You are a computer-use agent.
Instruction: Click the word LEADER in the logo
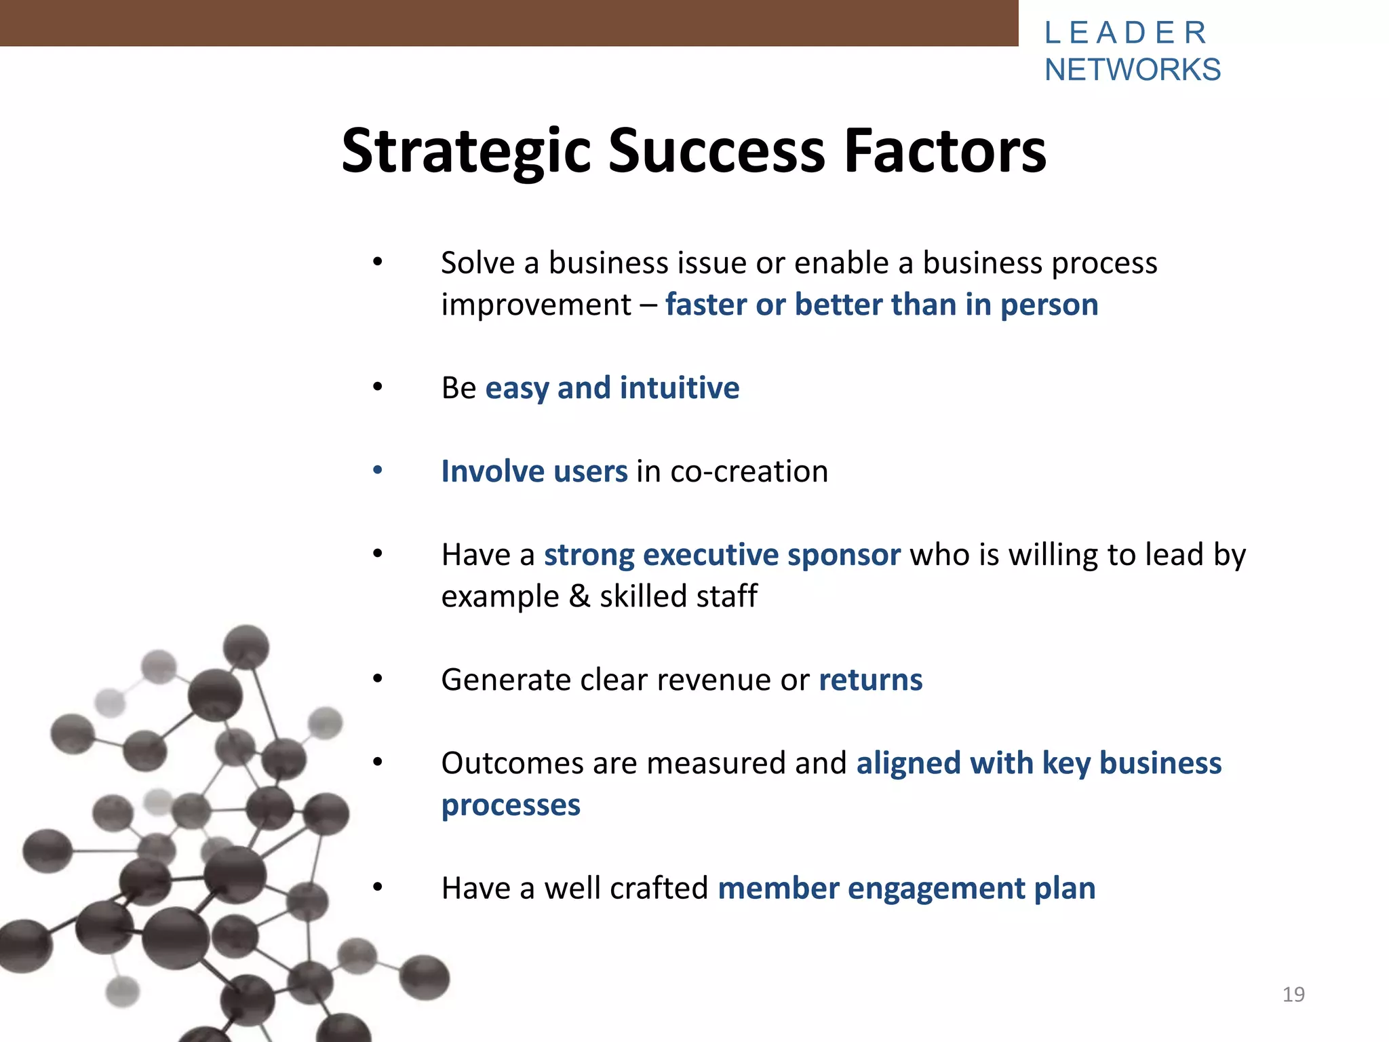pos(1126,33)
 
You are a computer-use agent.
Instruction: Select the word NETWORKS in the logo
pos(1133,70)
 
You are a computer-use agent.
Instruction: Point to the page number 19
pos(1293,995)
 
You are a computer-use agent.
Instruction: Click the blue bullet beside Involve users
pos(378,470)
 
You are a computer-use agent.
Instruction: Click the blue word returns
pos(871,680)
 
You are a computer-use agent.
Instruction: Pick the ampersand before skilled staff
pos(579,596)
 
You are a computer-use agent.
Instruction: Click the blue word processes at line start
pos(511,805)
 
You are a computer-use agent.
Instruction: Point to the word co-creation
pos(749,471)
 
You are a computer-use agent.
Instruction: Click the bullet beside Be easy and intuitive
pos(378,387)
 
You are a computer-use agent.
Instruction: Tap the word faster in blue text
pos(706,305)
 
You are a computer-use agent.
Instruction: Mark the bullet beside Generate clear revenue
pos(378,678)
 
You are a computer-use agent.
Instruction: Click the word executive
pos(711,555)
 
